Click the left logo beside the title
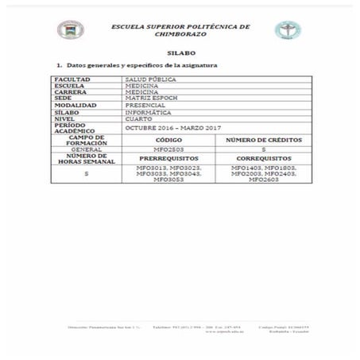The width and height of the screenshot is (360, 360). coord(69,30)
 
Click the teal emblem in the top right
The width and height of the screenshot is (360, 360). coord(287,30)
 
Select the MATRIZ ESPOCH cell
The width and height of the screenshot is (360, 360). coord(149,99)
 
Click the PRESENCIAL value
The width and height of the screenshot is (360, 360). coord(145,106)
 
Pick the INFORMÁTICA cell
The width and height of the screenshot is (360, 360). coord(148,113)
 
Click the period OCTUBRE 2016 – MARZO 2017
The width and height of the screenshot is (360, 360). coord(172,128)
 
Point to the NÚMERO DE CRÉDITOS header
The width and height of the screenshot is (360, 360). coord(263,139)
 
